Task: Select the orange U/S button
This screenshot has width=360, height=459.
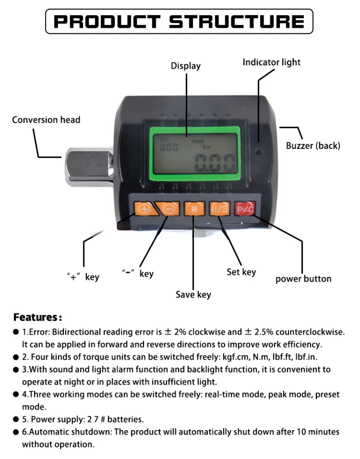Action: (220, 208)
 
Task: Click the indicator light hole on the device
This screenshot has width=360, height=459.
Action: (259, 152)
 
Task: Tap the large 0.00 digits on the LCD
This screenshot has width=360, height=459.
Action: (216, 162)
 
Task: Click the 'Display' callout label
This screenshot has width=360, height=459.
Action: (185, 66)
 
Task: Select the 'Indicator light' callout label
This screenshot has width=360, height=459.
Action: (271, 62)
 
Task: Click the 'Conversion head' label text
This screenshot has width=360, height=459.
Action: (46, 120)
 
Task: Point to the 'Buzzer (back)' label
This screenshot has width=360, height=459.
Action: (313, 145)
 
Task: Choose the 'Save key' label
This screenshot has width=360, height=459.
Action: (193, 295)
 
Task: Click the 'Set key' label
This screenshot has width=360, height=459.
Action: (241, 272)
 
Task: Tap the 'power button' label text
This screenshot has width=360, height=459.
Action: (303, 279)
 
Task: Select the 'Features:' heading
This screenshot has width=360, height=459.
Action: (37, 317)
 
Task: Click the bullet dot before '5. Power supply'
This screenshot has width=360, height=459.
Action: (16, 419)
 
